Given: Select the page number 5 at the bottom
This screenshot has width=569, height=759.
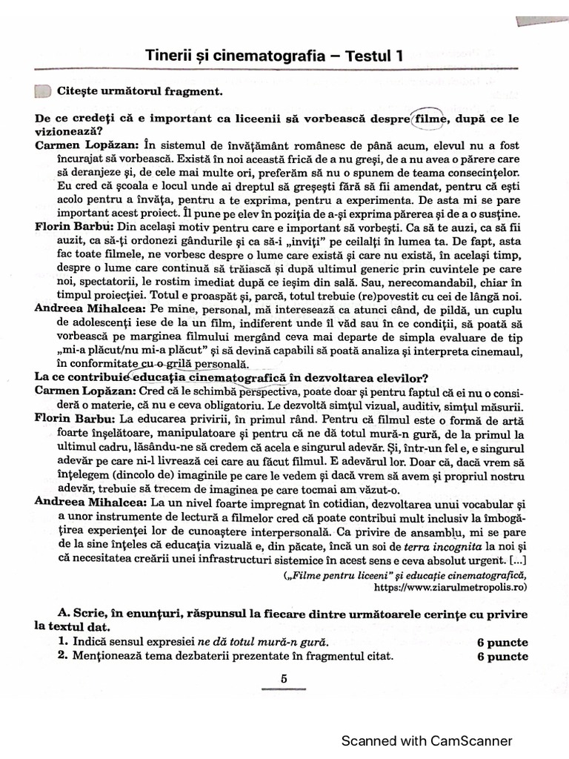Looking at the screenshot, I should (x=284, y=677).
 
